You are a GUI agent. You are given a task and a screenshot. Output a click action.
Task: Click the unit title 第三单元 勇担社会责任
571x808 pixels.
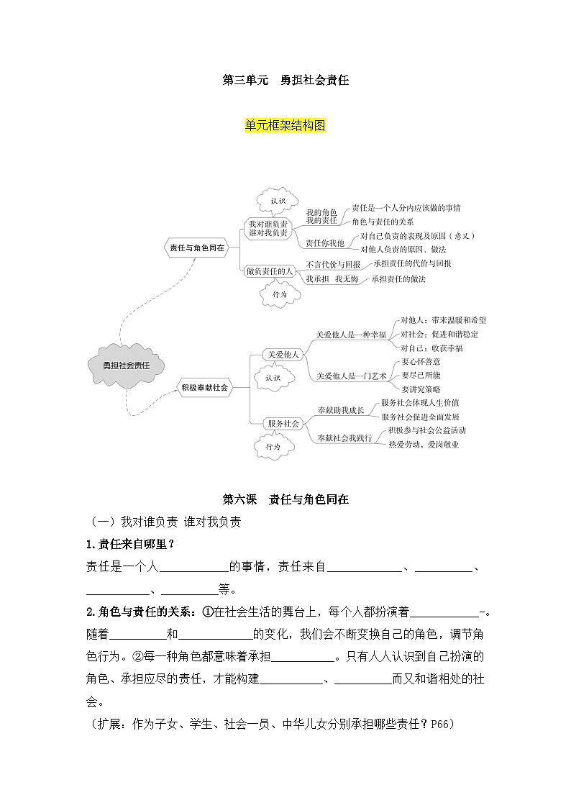click(285, 81)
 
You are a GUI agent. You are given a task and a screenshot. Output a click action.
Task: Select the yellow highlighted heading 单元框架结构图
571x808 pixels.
click(285, 125)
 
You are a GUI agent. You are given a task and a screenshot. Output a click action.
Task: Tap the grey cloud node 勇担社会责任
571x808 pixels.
click(126, 365)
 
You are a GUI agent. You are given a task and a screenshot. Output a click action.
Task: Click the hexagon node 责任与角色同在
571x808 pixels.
click(196, 247)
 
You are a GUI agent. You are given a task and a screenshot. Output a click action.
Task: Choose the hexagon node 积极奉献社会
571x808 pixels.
click(204, 387)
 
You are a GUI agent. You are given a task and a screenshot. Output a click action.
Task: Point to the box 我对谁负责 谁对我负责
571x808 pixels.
click(268, 228)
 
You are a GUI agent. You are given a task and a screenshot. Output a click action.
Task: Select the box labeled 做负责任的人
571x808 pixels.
click(269, 271)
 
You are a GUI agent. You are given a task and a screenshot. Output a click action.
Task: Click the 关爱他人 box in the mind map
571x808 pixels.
click(282, 354)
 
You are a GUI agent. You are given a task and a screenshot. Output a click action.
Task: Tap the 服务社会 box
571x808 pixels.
click(282, 424)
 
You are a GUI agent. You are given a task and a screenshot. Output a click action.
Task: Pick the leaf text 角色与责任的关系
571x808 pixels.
click(383, 222)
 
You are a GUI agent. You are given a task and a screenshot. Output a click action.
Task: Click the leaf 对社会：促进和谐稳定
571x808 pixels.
click(439, 334)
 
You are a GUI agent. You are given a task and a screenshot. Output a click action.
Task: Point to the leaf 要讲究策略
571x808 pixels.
click(421, 389)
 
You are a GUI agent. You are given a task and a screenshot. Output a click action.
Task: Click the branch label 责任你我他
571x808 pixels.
click(324, 242)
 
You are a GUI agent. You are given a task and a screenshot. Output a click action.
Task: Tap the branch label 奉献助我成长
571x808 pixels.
click(340, 410)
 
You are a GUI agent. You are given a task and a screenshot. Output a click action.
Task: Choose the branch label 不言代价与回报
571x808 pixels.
click(333, 264)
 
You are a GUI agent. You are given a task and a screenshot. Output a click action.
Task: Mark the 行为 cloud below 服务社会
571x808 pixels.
click(273, 446)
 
